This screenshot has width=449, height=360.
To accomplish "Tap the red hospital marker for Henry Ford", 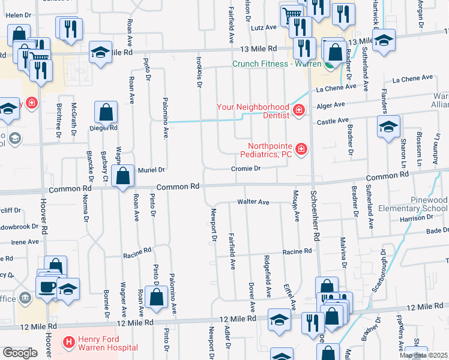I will tap(69, 343).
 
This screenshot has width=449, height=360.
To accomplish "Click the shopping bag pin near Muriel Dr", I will tap(123, 176).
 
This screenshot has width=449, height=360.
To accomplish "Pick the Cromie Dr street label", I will tap(246, 169).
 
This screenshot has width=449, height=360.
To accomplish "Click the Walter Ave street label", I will tap(253, 202).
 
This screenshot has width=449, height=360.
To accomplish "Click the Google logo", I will tap(20, 353).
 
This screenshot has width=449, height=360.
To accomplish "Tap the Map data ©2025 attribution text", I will tap(423, 355).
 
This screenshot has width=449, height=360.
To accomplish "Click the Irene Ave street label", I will tap(25, 241).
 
